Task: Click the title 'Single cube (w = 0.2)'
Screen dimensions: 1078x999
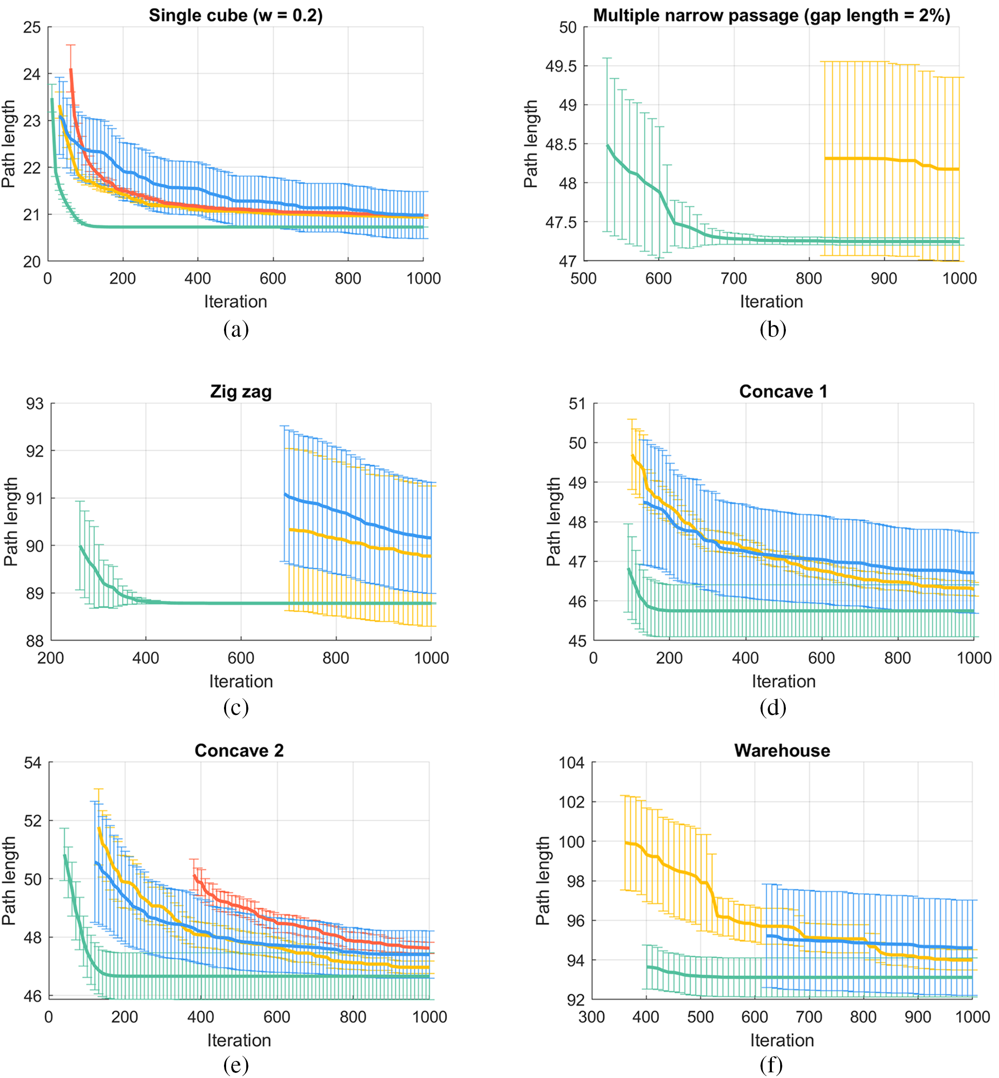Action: tap(236, 15)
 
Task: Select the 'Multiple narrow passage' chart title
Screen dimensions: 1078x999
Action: tap(771, 15)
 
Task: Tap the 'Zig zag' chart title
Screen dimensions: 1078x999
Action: tap(241, 391)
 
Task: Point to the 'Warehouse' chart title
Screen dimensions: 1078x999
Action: tap(782, 751)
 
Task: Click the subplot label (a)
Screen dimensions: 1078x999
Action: tap(236, 329)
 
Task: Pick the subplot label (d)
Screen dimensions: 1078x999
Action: tap(772, 707)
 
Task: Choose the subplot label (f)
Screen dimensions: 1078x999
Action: tap(771, 1066)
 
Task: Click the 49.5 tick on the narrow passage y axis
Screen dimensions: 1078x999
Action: tap(561, 66)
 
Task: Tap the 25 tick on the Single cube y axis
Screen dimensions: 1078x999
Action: tap(32, 27)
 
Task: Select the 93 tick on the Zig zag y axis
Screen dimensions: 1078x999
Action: tap(35, 404)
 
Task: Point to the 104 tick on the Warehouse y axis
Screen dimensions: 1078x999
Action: tap(571, 763)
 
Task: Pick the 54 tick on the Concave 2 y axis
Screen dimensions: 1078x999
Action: tap(33, 763)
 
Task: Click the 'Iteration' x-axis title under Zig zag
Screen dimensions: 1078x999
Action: tap(241, 681)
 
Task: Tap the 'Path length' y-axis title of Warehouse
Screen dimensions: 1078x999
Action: tap(543, 881)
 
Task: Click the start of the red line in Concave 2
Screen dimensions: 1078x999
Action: tap(194, 876)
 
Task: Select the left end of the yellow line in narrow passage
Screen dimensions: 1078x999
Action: tap(826, 158)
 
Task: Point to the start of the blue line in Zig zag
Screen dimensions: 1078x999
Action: tap(285, 494)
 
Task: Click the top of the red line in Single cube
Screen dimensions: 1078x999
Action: tap(71, 69)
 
